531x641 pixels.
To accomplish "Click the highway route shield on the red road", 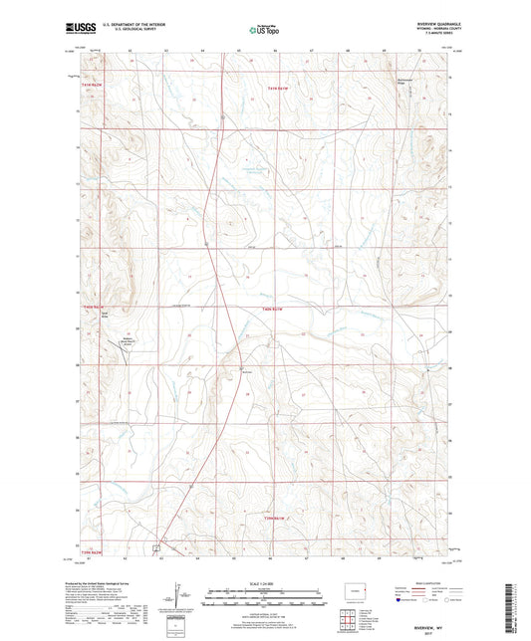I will pos(203,243).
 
